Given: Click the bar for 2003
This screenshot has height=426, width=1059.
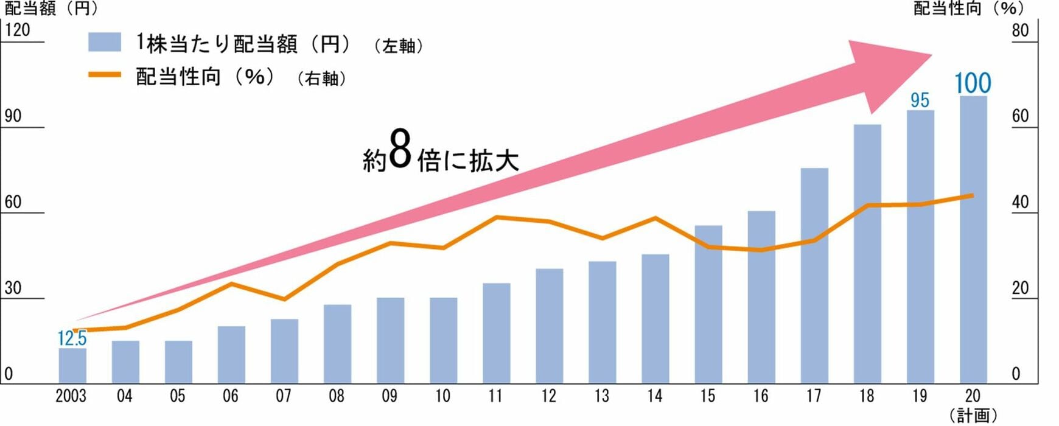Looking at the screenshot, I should point(72,366).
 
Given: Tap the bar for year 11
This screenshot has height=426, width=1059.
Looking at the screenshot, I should point(497,333).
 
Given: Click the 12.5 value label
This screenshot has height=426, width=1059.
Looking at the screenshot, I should point(72,338).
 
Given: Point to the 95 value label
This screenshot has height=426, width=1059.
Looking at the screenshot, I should point(920,100).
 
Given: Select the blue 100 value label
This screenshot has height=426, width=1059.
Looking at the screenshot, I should point(973,83).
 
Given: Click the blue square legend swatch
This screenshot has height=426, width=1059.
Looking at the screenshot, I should point(104,43).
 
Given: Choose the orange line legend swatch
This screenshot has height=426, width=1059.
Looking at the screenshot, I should point(104,75).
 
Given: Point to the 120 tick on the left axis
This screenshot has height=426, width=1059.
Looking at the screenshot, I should point(17,30).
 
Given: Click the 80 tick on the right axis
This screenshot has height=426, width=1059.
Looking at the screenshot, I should point(1020,30).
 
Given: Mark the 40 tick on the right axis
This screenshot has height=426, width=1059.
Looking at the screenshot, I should point(1020,202).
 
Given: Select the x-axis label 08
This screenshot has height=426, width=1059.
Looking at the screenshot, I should point(337,396).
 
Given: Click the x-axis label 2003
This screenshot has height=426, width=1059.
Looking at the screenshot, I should point(71,396).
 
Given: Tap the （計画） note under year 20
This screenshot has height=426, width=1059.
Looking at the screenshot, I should point(973,416).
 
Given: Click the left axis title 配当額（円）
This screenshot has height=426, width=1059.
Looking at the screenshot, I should point(51,9).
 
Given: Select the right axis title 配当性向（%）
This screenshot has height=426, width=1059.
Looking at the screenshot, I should point(969,9).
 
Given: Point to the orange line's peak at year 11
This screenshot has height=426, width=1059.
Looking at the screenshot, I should point(497,217).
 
